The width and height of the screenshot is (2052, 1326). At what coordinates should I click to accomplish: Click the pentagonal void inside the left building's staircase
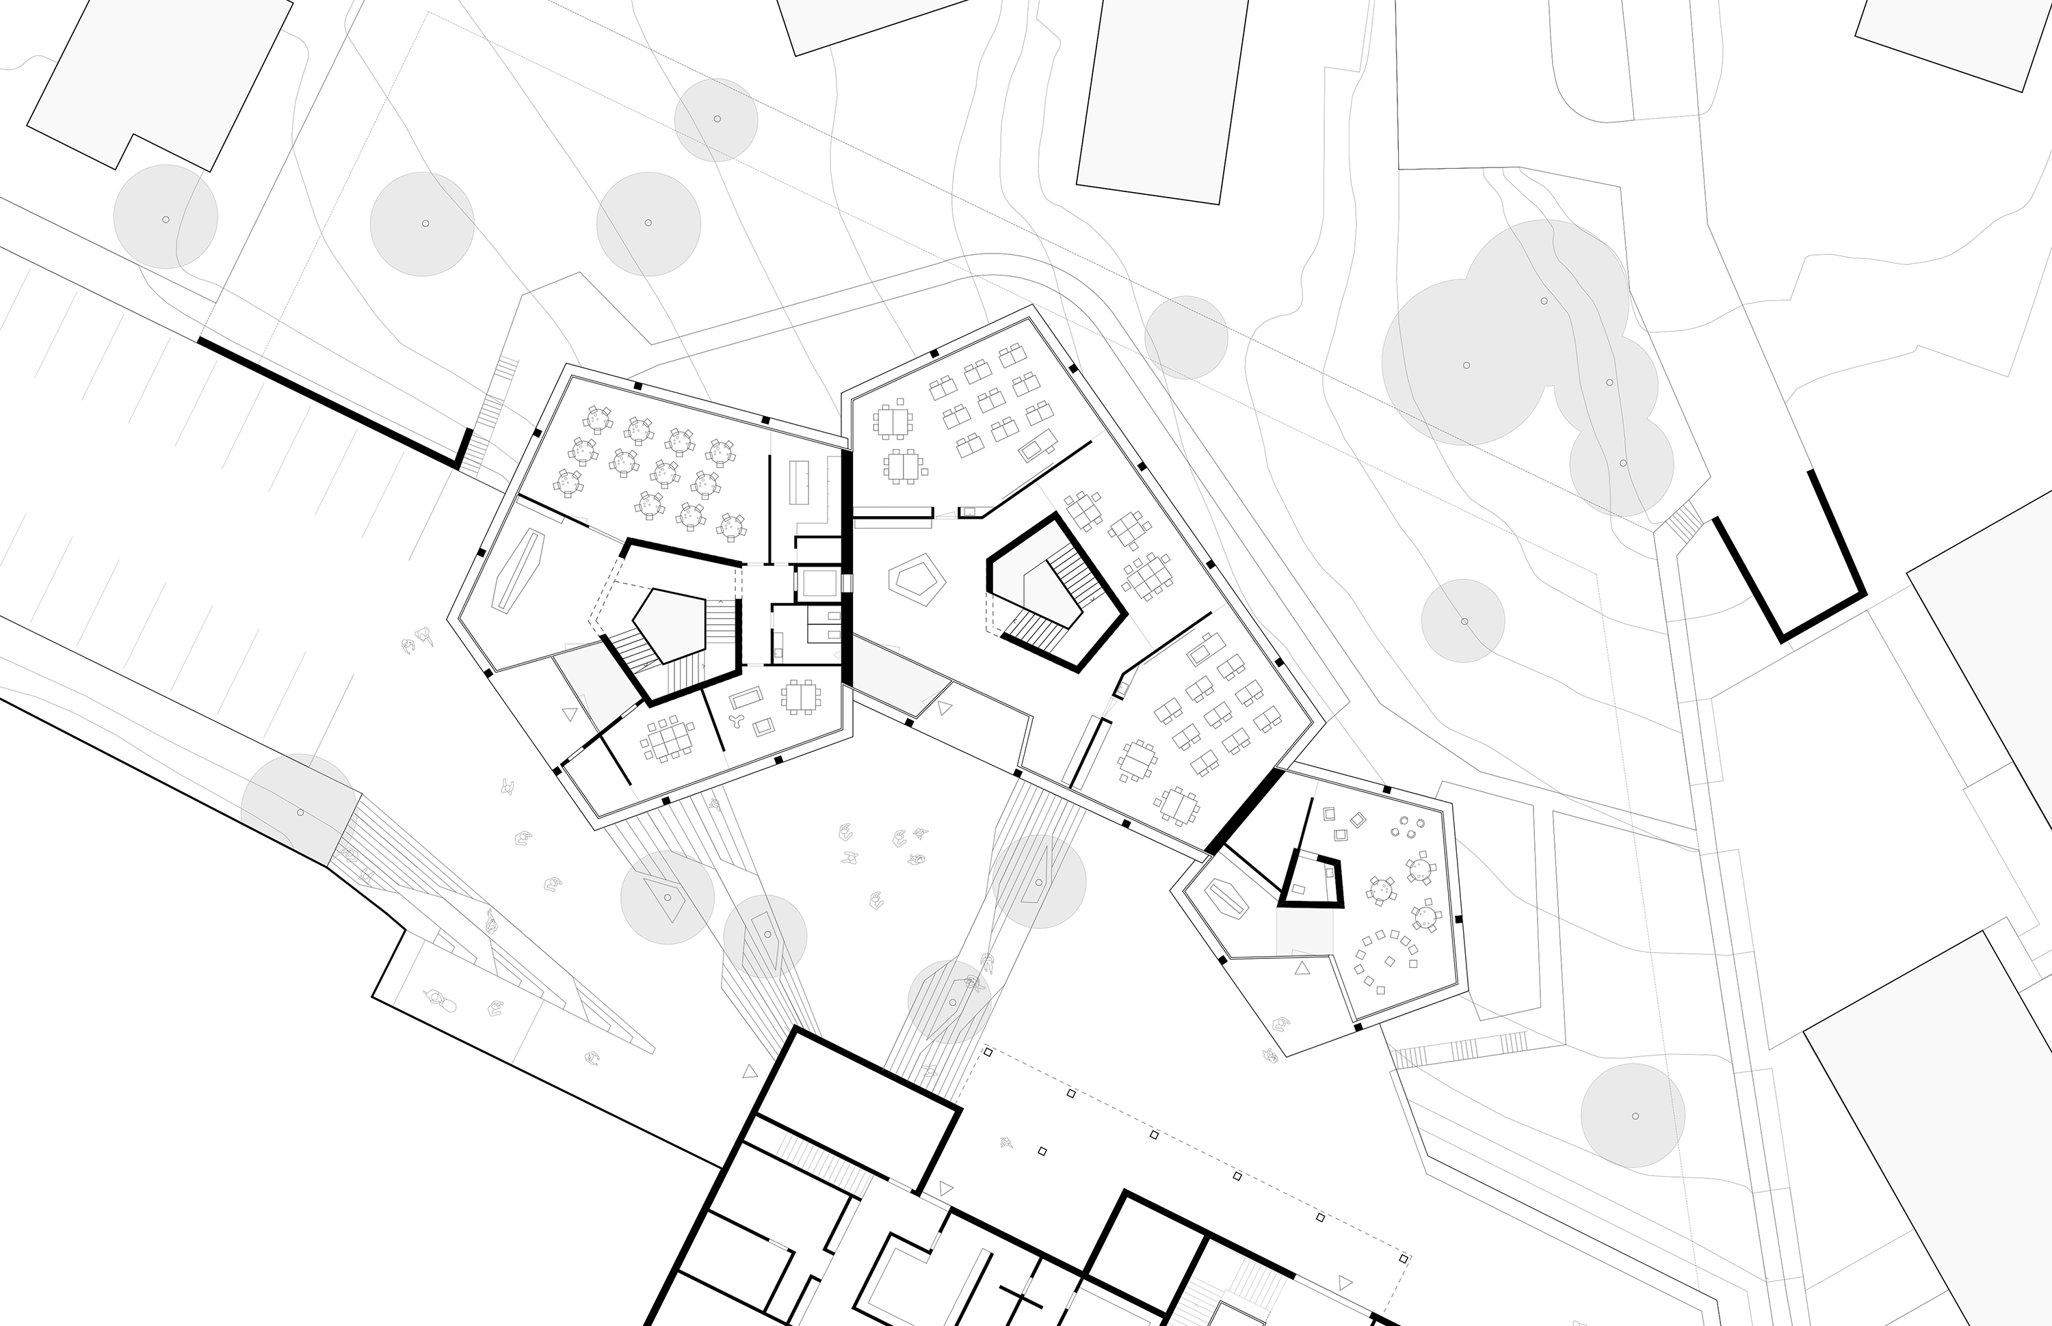pyautogui.click(x=668, y=622)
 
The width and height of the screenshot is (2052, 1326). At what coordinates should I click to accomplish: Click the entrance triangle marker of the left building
pyautogui.click(x=568, y=714)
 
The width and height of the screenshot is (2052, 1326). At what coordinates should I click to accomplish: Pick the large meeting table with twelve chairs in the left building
pyautogui.click(x=668, y=739)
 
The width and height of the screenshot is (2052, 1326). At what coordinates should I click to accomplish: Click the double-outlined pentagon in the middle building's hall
pyautogui.click(x=917, y=582)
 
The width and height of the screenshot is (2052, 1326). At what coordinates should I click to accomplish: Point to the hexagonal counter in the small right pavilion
pyautogui.click(x=1228, y=898)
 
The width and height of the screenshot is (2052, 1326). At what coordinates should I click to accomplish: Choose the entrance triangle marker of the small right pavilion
pyautogui.click(x=1302, y=968)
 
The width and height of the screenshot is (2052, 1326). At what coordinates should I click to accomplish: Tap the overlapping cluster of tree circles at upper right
pyautogui.click(x=1516, y=353)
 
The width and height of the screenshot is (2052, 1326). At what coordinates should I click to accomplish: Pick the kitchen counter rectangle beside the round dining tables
pyautogui.click(x=800, y=482)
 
